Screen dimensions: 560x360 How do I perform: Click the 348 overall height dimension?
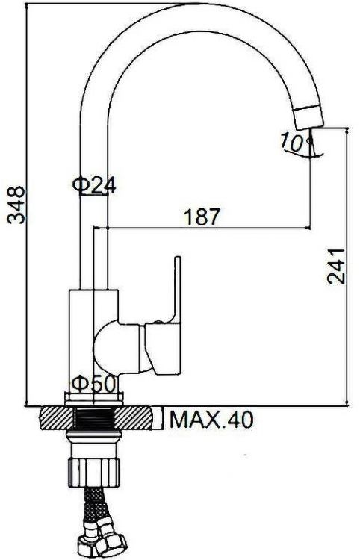16,205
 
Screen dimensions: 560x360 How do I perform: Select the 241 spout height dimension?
337,265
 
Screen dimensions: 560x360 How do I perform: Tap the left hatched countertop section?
53,418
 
